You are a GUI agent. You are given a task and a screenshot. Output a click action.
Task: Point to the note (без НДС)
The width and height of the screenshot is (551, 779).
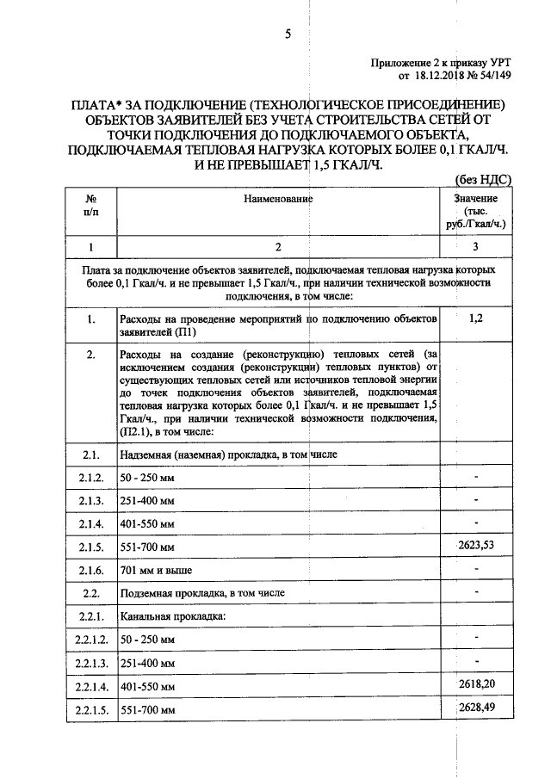pos(483,180)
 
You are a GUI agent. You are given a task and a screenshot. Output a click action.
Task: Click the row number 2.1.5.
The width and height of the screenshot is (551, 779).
pos(90,547)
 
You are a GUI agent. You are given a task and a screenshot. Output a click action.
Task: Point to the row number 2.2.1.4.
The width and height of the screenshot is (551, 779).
pos(90,687)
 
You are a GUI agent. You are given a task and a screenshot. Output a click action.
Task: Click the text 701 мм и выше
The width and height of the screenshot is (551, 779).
pos(155,570)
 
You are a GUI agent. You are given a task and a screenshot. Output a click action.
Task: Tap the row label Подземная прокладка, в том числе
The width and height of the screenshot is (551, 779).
pos(201,593)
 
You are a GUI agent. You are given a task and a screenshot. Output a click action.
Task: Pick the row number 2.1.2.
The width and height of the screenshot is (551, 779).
pos(90,477)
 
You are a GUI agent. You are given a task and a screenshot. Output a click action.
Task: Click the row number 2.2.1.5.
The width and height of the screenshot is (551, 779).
pos(90,710)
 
